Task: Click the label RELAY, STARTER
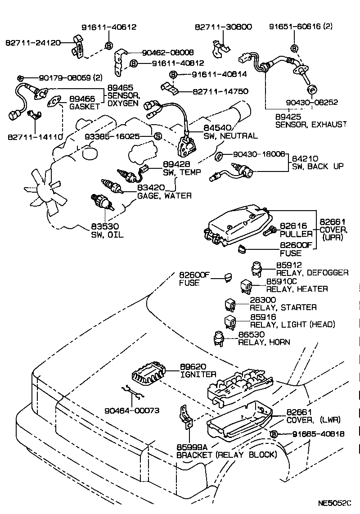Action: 283,307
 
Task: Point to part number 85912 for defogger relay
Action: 288,265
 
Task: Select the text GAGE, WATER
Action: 164,196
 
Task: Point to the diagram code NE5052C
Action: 334,502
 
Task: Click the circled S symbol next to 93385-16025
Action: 157,136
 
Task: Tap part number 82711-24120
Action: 33,43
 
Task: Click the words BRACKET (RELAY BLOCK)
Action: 226,455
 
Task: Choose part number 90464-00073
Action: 132,410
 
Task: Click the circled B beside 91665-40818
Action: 273,434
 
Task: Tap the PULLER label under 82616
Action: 296,234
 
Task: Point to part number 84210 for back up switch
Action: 305,158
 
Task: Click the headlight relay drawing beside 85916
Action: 230,321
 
